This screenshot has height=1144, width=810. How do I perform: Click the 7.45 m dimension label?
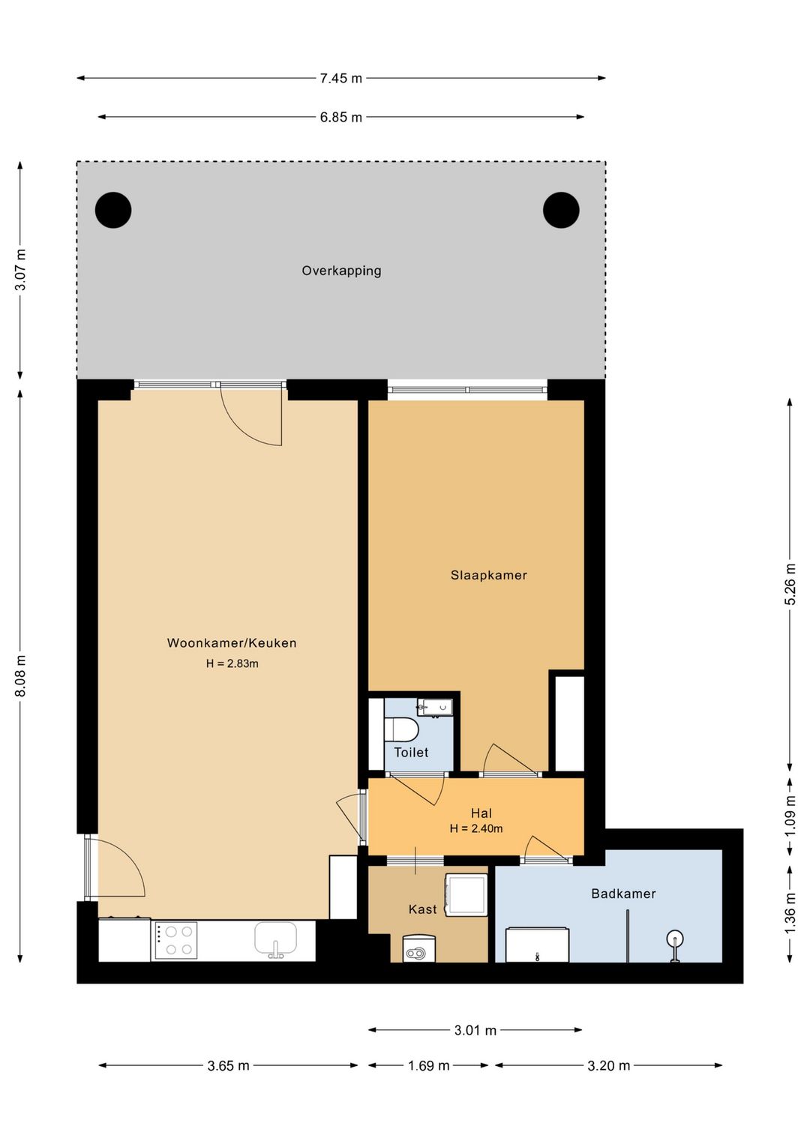[340, 78]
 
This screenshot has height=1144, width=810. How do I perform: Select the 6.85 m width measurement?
[340, 117]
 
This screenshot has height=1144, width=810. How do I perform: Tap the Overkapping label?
[341, 271]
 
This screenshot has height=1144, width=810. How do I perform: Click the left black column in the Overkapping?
[113, 210]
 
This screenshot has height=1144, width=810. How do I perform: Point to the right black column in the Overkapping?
[560, 210]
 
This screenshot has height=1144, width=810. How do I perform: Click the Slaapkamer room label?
[488, 575]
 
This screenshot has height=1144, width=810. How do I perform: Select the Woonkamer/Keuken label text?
[232, 642]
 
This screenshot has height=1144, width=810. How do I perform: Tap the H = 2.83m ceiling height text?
[232, 663]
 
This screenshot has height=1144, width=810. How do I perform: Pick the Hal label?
[481, 813]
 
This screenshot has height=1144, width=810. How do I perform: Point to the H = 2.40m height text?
[475, 828]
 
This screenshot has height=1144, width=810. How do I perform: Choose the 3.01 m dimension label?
[475, 1030]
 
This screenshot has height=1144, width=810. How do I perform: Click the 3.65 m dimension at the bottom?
[229, 1065]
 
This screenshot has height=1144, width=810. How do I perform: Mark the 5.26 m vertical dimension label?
[790, 584]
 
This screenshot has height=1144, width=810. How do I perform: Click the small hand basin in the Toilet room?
[434, 708]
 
